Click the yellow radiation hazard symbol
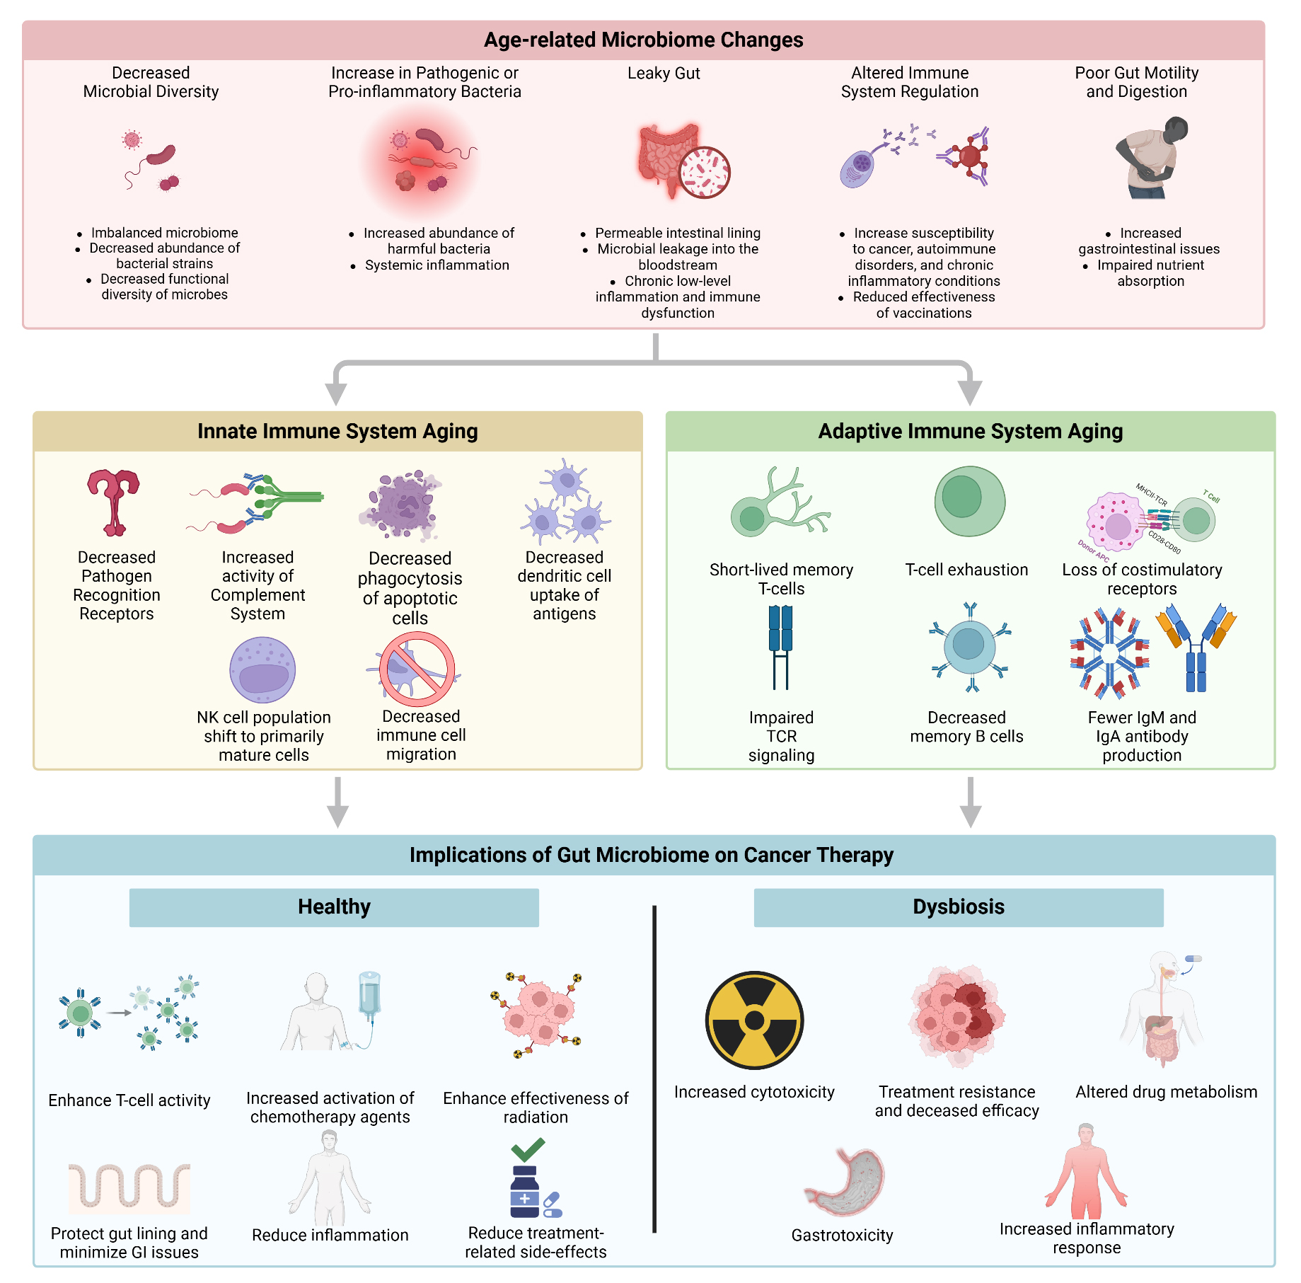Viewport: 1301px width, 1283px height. click(754, 1020)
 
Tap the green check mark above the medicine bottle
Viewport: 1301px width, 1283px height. click(527, 1149)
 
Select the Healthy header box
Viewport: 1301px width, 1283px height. click(334, 907)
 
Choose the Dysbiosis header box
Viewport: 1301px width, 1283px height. click(959, 907)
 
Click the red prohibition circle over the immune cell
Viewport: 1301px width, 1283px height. click(417, 669)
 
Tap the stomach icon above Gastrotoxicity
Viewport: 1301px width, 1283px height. click(845, 1182)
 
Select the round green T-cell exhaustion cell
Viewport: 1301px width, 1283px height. click(970, 501)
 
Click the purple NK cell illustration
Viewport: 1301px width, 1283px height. click(262, 669)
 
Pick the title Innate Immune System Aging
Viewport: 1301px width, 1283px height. click(337, 431)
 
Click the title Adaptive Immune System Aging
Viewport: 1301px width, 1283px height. click(971, 431)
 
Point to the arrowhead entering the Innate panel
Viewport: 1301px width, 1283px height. click(336, 393)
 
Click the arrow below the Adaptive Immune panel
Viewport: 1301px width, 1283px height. click(971, 802)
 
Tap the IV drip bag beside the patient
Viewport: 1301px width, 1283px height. click(369, 994)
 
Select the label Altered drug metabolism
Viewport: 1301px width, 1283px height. click(1167, 1092)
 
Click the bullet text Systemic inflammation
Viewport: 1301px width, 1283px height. click(437, 265)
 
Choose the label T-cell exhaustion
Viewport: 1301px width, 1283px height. click(967, 570)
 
